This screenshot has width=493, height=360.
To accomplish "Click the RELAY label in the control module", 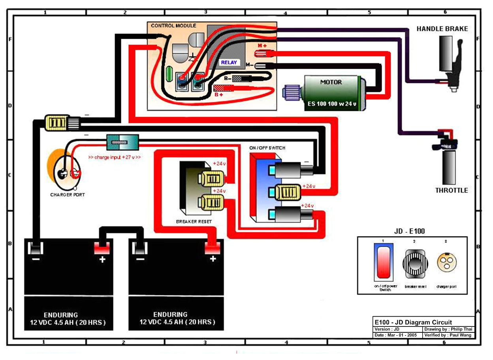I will pos(229,62).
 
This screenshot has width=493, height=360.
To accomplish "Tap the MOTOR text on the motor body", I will pos(331,82).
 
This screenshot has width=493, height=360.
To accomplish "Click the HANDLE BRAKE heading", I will pos(442,29).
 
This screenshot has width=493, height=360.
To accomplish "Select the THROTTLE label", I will pos(452,190).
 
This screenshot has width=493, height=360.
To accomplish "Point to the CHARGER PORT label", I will pos(68,195).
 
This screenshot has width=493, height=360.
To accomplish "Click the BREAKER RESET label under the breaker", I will pos(194,222).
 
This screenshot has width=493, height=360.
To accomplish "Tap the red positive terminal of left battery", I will pos(102,249).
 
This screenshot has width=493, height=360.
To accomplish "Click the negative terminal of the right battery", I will pos(139,249).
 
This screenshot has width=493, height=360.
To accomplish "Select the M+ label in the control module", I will pos(262,46).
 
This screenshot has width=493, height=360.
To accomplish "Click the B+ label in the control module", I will pos(219,94).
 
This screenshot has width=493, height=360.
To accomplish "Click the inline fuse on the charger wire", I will pos(122,141).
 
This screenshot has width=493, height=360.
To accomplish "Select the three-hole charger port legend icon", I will pos(447,262).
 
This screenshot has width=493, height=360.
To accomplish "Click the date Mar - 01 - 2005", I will pos(396,335).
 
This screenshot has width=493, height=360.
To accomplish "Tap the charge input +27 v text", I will pos(115,157).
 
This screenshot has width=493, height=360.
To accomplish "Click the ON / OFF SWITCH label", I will pos(267,148).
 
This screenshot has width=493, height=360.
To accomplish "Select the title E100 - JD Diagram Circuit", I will pos(413,322).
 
